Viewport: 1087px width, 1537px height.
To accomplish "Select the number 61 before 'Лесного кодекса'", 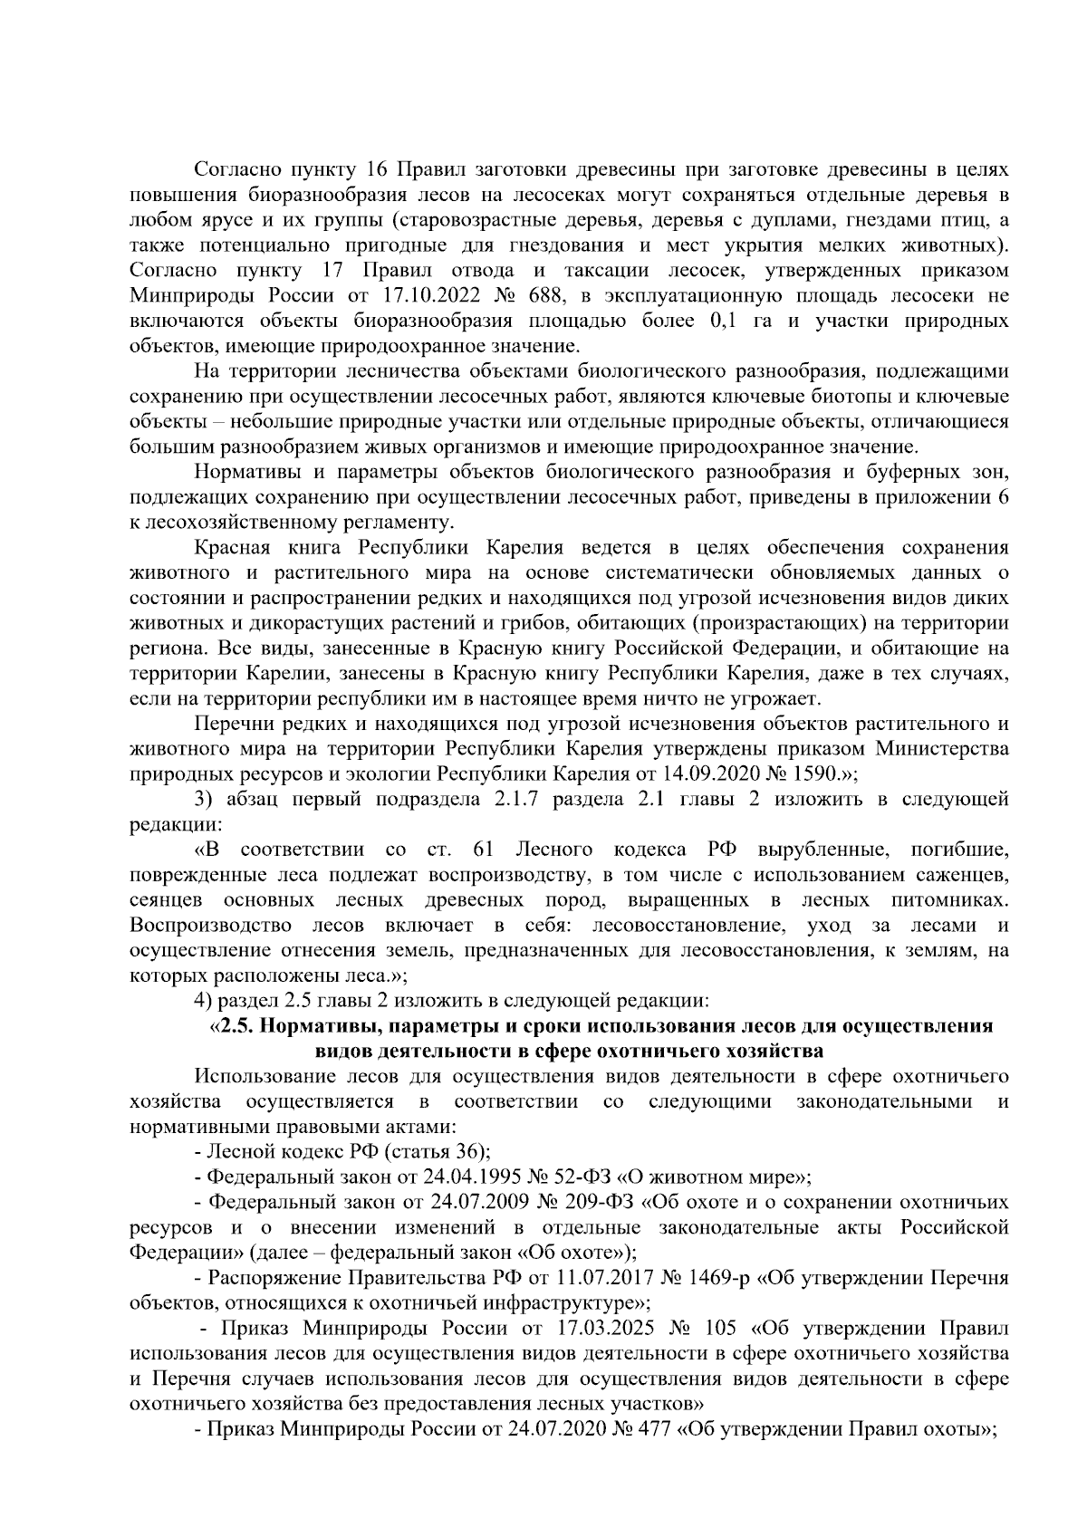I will pos(483,850).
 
